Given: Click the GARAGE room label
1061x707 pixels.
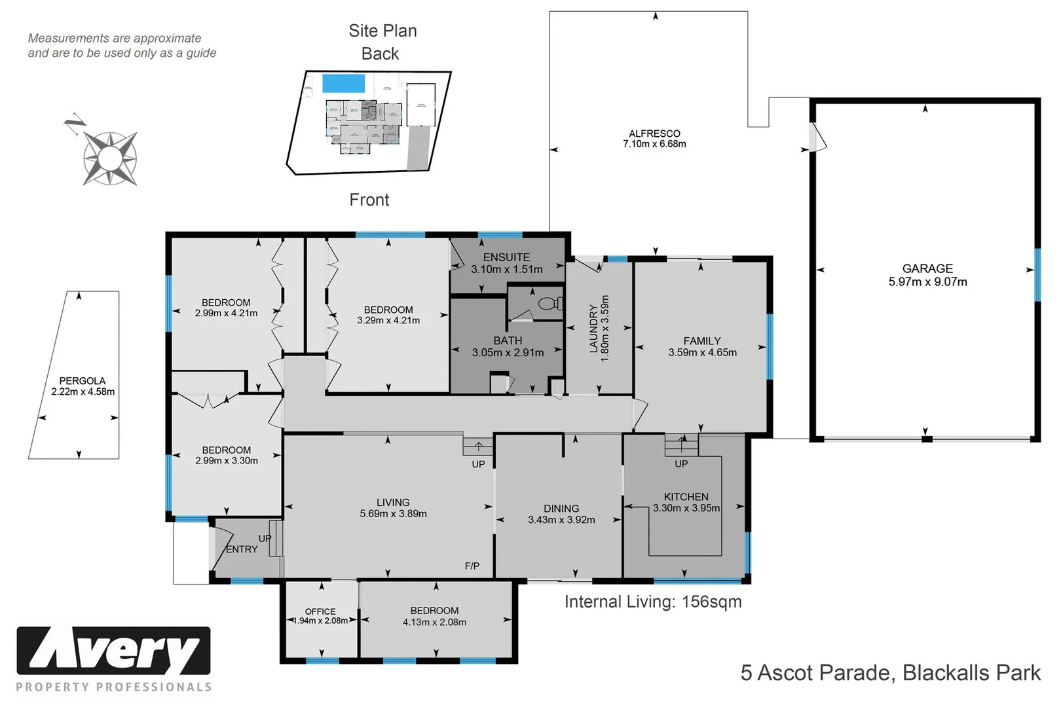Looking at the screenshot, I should click(927, 269).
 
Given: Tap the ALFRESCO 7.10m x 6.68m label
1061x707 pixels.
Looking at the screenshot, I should click(654, 139).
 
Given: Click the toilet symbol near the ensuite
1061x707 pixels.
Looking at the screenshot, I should click(549, 304).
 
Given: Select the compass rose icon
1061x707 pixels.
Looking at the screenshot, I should click(109, 158).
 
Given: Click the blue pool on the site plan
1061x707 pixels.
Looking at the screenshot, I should click(343, 84).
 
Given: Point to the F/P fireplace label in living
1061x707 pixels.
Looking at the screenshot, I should click(472, 566).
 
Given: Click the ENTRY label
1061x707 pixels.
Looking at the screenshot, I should click(242, 549).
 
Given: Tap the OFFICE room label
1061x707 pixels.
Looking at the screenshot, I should click(320, 611).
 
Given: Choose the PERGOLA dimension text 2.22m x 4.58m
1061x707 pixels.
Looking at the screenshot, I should click(83, 392).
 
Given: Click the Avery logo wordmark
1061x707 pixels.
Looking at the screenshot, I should click(113, 651).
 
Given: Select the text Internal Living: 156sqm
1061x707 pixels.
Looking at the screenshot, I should click(653, 602).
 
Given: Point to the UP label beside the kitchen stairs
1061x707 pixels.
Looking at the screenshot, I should click(681, 464).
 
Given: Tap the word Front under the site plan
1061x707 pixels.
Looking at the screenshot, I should click(369, 200).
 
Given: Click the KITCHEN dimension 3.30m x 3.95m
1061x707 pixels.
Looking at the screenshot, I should click(686, 509).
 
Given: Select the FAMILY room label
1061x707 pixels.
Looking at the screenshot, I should click(702, 341).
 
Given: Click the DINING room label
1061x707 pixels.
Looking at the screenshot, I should click(561, 509).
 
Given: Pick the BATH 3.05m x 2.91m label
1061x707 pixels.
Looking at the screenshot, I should click(508, 347).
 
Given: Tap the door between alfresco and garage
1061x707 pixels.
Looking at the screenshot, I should click(817, 138).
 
